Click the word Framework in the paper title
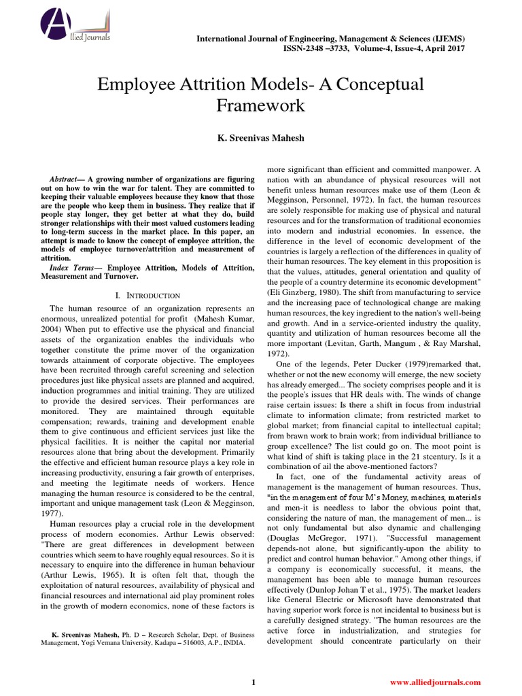(260, 106)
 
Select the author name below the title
(260, 138)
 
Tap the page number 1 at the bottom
(254, 682)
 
